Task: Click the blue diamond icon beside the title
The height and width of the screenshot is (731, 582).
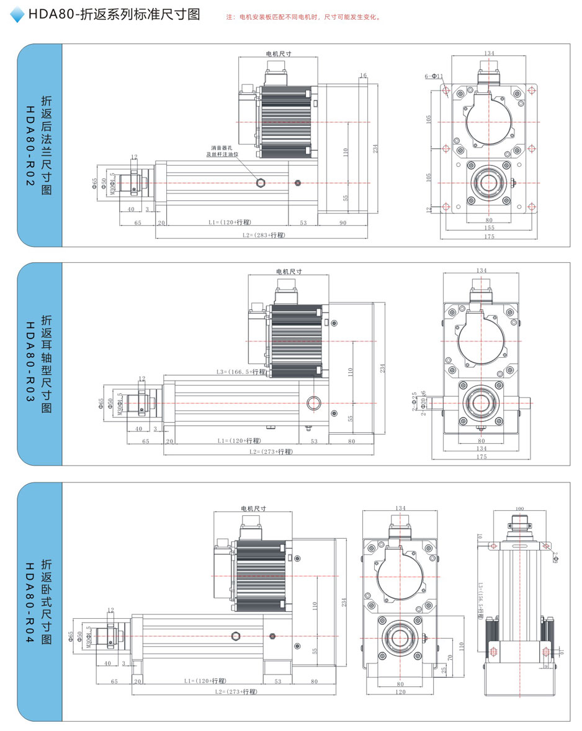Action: tap(17, 14)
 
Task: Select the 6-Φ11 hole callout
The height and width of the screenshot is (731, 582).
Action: tap(434, 76)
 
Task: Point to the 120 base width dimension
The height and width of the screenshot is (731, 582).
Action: tap(401, 691)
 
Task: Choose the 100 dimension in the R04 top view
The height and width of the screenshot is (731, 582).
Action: tap(519, 509)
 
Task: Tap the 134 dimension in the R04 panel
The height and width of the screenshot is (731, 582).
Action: tap(400, 508)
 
